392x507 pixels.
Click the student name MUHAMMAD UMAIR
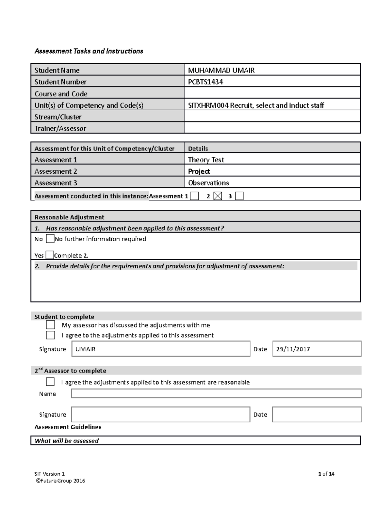221,70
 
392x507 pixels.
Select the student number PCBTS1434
205,82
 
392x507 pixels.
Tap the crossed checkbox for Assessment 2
218,196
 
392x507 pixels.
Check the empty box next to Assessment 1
194,196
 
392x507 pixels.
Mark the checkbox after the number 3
239,196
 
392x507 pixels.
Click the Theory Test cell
206,160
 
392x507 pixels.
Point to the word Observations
208,183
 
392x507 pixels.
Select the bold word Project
199,171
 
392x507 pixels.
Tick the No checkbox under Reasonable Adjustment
50,239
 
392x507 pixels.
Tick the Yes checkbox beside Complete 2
50,255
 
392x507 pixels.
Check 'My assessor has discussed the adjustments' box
50,325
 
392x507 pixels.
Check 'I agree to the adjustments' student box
50,335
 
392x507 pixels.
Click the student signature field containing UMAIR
161,349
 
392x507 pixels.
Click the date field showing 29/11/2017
317,349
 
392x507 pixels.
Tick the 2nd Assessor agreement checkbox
50,382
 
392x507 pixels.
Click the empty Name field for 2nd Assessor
216,393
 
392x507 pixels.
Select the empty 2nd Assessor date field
317,414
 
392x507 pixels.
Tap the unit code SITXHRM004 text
208,105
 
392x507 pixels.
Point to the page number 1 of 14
326,474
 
